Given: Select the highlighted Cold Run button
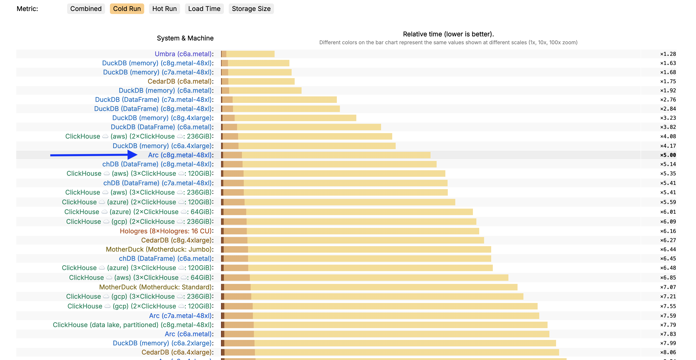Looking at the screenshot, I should coord(127,9).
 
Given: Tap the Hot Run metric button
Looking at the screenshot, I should coord(164,9).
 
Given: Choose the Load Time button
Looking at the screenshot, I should coord(204,9).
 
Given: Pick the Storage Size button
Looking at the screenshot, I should coord(251,9).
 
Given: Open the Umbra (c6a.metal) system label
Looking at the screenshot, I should coord(183,54).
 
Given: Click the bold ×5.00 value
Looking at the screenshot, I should coord(668,155).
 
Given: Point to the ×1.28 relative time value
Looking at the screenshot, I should coord(668,54).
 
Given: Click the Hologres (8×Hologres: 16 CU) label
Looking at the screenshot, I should coord(166,231).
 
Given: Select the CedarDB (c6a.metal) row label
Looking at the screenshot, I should coord(180,81).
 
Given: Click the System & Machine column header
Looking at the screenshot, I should coord(185,38).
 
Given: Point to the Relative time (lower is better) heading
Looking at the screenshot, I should coord(448,34).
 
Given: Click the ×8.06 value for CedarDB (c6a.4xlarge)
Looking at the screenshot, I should coord(668,352).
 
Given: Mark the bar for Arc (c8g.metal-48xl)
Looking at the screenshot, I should coord(325,155).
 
